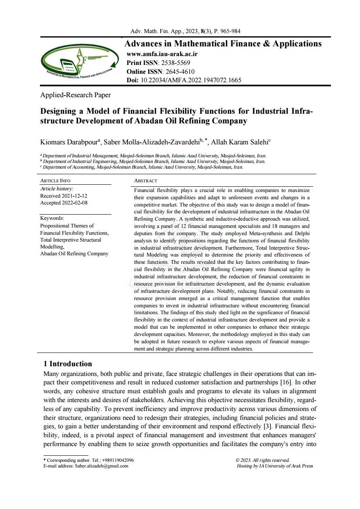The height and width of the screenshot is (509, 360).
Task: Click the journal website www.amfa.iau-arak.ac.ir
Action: click(x=162, y=54)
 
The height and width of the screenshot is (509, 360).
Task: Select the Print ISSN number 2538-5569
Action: click(x=176, y=63)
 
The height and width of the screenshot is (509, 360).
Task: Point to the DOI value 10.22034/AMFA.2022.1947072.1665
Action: click(x=190, y=80)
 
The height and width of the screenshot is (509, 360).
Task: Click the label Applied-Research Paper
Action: click(x=75, y=95)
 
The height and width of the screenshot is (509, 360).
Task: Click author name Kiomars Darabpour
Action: click(x=69, y=142)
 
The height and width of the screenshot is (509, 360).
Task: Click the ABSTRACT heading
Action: click(x=145, y=181)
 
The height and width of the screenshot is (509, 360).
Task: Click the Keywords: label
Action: click(x=52, y=218)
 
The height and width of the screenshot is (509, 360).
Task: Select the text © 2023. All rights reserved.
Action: click(x=262, y=460)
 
